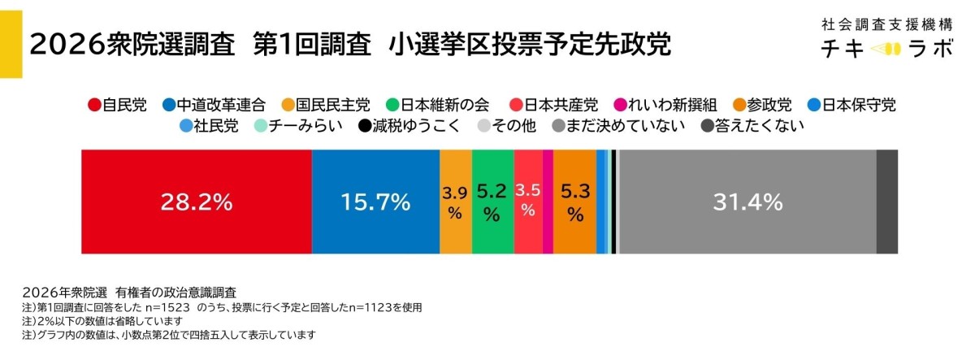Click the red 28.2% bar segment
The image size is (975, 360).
click(x=196, y=202)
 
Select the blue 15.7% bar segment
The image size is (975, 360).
click(x=375, y=202)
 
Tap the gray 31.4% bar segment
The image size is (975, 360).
click(x=747, y=202)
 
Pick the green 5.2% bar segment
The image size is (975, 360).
click(x=492, y=202)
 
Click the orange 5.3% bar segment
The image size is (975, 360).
click(x=575, y=202)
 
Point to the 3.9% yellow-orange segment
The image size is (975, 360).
click(x=455, y=202)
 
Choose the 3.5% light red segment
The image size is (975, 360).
click(x=528, y=202)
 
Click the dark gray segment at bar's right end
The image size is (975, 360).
click(x=887, y=202)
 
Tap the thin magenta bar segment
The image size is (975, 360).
click(x=548, y=202)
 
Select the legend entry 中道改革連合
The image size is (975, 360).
click(x=206, y=105)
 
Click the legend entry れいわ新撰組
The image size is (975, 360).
click(x=650, y=105)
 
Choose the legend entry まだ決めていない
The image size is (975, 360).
click(x=618, y=126)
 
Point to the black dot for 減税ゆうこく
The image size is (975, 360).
click(x=369, y=127)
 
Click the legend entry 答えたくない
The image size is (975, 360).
click(x=752, y=126)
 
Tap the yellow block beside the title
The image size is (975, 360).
click(x=11, y=39)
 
